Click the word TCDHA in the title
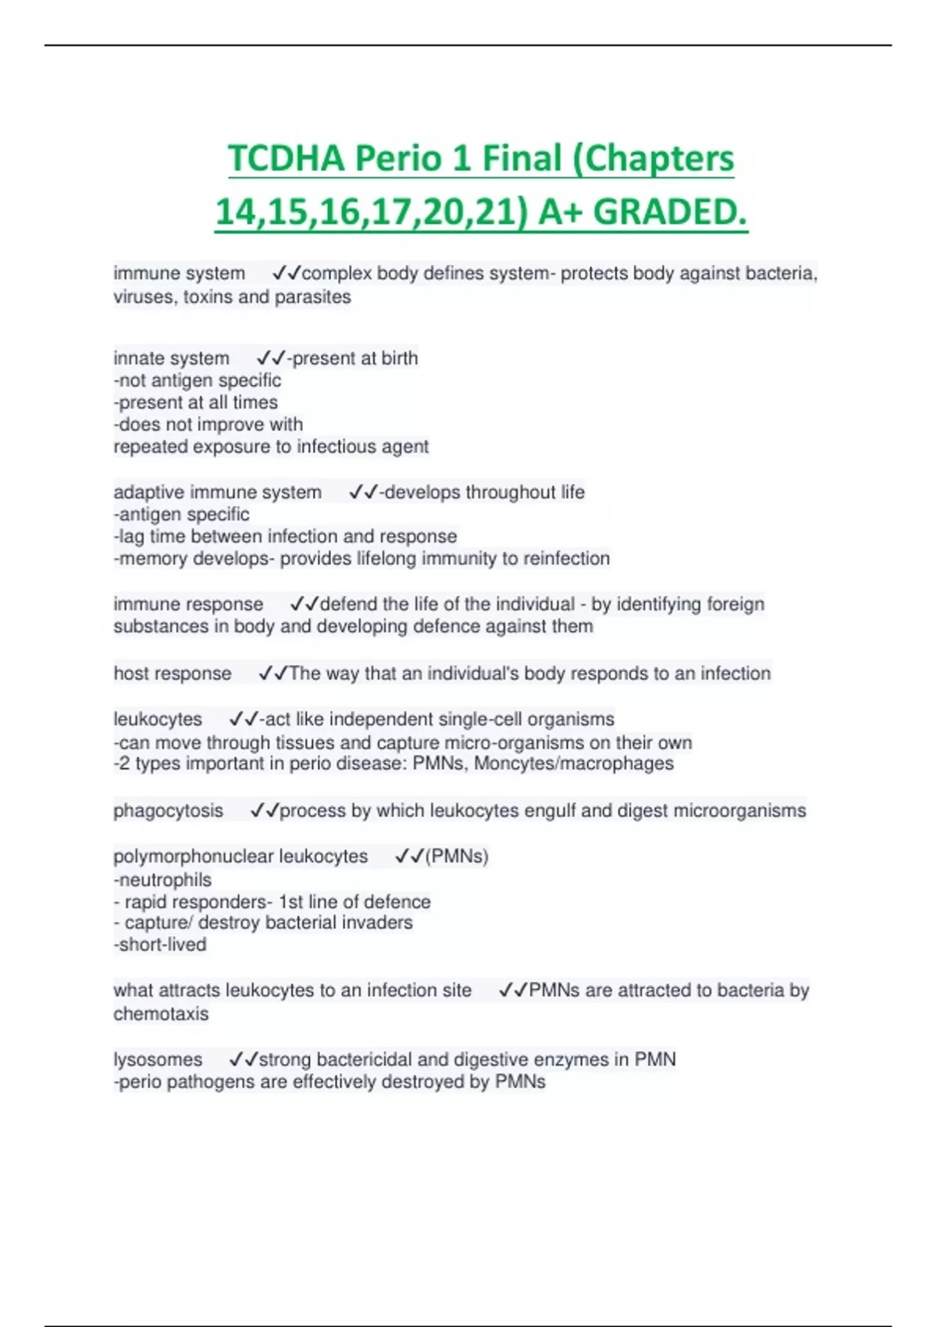[287, 158]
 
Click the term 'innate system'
[172, 358]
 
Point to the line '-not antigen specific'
[198, 381]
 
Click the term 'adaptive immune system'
[217, 493]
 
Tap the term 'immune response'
[188, 604]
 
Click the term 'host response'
[173, 674]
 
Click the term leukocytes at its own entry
[158, 719]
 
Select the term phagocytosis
[168, 811]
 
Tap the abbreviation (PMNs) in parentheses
[457, 856]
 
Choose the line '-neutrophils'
[162, 880]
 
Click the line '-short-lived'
[160, 945]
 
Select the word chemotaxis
[161, 1014]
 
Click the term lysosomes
[158, 1060]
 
